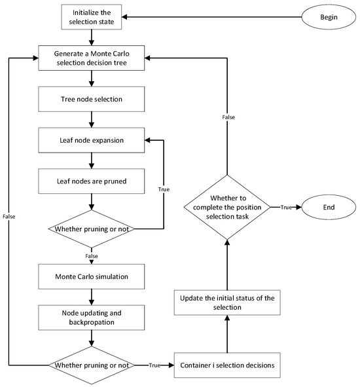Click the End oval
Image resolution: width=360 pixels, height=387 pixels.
point(328,208)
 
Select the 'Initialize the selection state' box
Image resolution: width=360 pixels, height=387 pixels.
point(92,16)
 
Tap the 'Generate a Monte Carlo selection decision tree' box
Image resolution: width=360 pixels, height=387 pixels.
point(92,58)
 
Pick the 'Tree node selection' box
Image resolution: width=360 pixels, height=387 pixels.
point(92,99)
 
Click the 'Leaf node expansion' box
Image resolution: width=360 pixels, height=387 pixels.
point(92,140)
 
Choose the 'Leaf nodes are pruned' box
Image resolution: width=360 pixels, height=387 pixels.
point(92,181)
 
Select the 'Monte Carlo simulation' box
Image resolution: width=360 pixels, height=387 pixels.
point(92,277)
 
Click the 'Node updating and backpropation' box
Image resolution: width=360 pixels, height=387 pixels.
point(92,318)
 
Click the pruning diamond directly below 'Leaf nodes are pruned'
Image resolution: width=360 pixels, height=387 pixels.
point(92,229)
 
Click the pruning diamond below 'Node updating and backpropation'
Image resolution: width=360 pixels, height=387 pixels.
point(92,364)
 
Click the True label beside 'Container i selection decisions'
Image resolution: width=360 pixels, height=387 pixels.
point(154,364)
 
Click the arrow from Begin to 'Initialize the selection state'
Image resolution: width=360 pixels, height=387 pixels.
point(209,16)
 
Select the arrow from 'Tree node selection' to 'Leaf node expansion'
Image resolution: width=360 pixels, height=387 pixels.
point(92,120)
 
